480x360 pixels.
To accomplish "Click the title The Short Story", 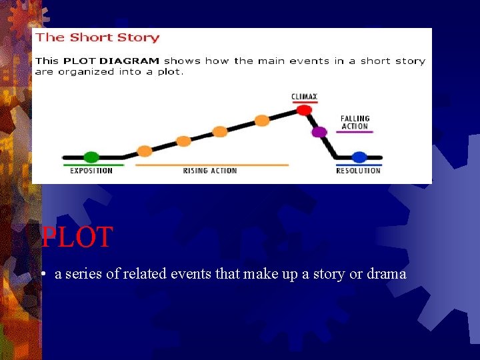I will coord(97,38).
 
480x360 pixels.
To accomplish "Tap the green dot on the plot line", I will coord(91,157).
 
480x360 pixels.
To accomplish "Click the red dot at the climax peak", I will coord(304,110).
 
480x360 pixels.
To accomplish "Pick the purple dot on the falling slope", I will coord(319,132).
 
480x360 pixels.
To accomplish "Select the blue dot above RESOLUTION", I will coord(359,157).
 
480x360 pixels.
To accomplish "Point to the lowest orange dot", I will coord(145,151).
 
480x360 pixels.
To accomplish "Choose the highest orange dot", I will coord(262,120).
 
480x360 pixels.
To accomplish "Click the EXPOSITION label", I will coord(91,171).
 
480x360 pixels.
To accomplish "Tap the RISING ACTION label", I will coord(210,171).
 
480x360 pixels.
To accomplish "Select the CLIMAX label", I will coord(304,97).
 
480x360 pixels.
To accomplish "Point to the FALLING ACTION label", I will coord(355,123).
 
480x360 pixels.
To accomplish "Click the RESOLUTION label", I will coord(359,171).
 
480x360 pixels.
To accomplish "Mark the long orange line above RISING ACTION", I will coord(212,164).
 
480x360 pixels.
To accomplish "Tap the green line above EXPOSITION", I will coord(93,164).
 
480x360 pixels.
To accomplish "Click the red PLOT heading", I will coord(77,237).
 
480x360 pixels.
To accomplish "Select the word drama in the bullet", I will coord(387,274).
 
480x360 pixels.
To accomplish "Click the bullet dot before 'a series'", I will coord(42,275).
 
